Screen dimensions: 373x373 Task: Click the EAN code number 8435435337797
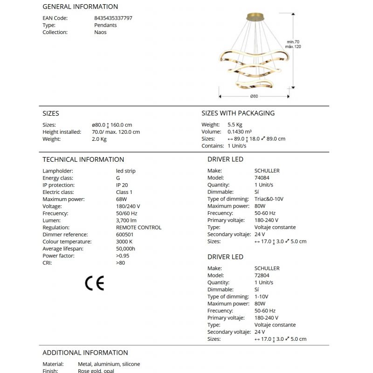click(x=113, y=18)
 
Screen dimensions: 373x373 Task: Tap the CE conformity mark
click(x=94, y=283)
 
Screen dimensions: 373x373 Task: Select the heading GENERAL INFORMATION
click(x=80, y=7)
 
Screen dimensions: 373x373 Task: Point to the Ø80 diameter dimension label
click(x=254, y=97)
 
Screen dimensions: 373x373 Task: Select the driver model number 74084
click(x=262, y=178)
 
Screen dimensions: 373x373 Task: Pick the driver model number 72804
click(x=262, y=275)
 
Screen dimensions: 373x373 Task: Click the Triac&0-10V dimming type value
click(x=269, y=199)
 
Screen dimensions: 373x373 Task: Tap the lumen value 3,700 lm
click(x=126, y=220)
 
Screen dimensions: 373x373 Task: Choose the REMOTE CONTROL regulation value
click(x=138, y=228)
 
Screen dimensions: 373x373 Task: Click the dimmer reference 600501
click(x=124, y=235)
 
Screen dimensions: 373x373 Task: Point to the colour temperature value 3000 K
click(x=124, y=242)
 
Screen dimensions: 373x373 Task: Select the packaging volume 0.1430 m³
click(x=240, y=132)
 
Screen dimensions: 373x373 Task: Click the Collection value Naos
click(x=100, y=32)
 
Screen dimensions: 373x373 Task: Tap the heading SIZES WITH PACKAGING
click(x=238, y=113)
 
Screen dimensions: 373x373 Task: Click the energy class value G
click(x=118, y=178)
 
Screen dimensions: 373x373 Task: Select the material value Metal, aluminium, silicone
click(x=109, y=364)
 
